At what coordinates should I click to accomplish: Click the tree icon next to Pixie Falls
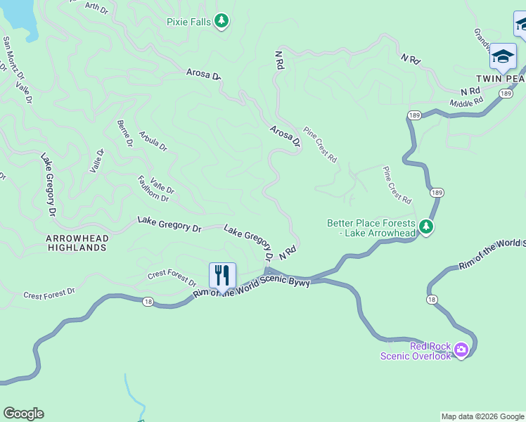pos(222,21)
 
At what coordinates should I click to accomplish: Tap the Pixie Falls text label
pos(188,22)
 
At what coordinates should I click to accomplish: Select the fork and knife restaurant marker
pos(222,276)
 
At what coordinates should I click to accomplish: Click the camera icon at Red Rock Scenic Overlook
pos(461,350)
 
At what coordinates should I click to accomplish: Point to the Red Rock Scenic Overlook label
pos(416,351)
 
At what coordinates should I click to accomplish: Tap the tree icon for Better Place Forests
pos(425,227)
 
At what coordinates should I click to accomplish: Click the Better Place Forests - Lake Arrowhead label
pos(371,228)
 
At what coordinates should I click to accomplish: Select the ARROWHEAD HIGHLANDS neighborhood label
pos(77,243)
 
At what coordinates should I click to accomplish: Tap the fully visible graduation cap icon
pos(503,56)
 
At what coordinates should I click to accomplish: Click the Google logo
pos(23,414)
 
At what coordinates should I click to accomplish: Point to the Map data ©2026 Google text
pos(482,416)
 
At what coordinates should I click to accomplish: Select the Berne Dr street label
pos(124,133)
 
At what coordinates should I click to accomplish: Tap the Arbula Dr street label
pos(153,141)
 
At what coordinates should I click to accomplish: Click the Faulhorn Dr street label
pos(153,188)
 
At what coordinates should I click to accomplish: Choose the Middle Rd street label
pos(467,103)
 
